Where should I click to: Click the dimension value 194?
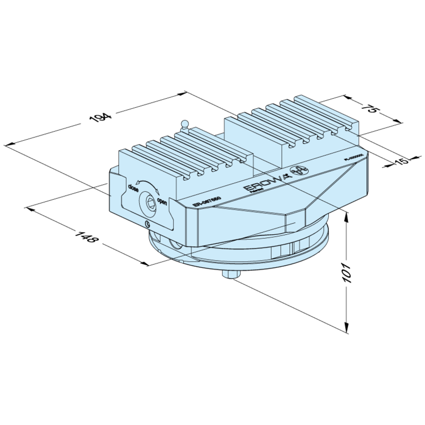pyautogui.click(x=100, y=117)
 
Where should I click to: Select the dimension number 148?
pyautogui.click(x=85, y=237)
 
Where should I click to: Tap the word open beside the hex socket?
pyautogui.click(x=162, y=202)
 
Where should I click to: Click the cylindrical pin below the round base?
pyautogui.click(x=230, y=275)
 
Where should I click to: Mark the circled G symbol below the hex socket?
pyautogui.click(x=147, y=225)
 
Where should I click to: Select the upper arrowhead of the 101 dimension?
pyautogui.click(x=347, y=216)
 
